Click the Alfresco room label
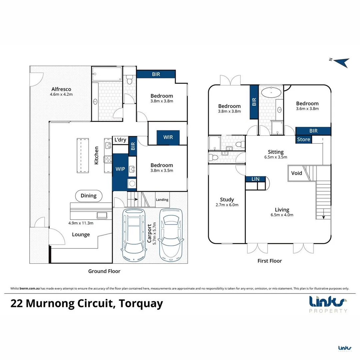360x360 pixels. coord(61,89)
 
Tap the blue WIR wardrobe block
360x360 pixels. coord(168,137)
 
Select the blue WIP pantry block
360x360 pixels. coord(120,169)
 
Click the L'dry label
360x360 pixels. coord(120,140)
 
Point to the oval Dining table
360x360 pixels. coord(88,196)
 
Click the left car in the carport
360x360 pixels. coord(134,234)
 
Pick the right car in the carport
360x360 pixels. coord(171,234)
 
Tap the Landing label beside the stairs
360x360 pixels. coord(162,200)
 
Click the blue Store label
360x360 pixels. coord(303,139)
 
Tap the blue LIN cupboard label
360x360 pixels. coord(255,179)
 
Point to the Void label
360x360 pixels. coord(296,173)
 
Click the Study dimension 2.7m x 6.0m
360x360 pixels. coord(227,205)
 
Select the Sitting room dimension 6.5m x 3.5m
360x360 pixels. coord(276,157)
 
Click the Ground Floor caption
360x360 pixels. coord(104,271)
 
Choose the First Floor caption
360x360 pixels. coord(270,261)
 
